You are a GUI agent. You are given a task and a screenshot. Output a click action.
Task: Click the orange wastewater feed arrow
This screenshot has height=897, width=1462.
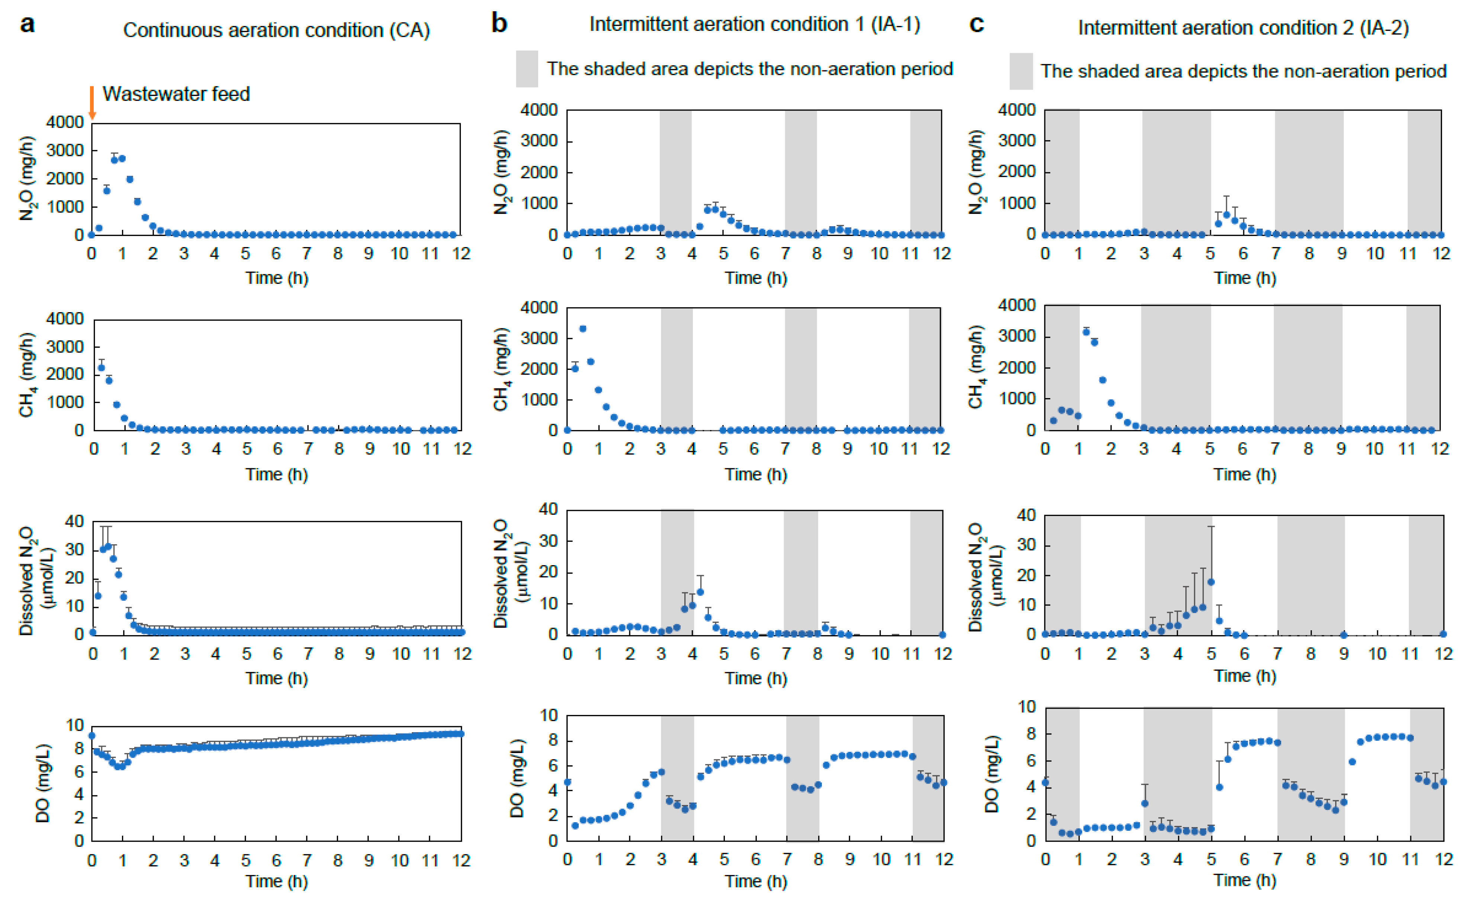click(x=92, y=103)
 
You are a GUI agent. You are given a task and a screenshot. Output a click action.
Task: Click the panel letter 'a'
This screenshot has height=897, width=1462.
click(x=27, y=25)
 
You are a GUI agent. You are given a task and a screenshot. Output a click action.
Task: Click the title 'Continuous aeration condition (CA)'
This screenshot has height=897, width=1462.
click(x=276, y=30)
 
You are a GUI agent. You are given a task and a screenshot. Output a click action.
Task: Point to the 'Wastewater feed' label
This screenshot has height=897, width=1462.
click(x=176, y=94)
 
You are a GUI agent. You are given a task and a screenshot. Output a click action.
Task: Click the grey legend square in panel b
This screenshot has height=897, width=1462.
click(x=527, y=69)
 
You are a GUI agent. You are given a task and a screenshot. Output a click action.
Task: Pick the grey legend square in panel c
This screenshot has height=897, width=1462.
click(x=1021, y=71)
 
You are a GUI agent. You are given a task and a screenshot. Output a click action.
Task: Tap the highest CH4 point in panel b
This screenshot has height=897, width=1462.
click(x=583, y=329)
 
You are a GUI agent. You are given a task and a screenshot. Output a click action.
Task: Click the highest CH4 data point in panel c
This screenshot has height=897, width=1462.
click(x=1086, y=332)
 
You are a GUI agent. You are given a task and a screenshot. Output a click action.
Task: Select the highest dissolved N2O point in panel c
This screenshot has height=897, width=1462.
click(x=1211, y=582)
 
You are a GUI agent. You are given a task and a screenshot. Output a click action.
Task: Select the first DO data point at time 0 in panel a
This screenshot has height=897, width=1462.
click(x=91, y=736)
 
